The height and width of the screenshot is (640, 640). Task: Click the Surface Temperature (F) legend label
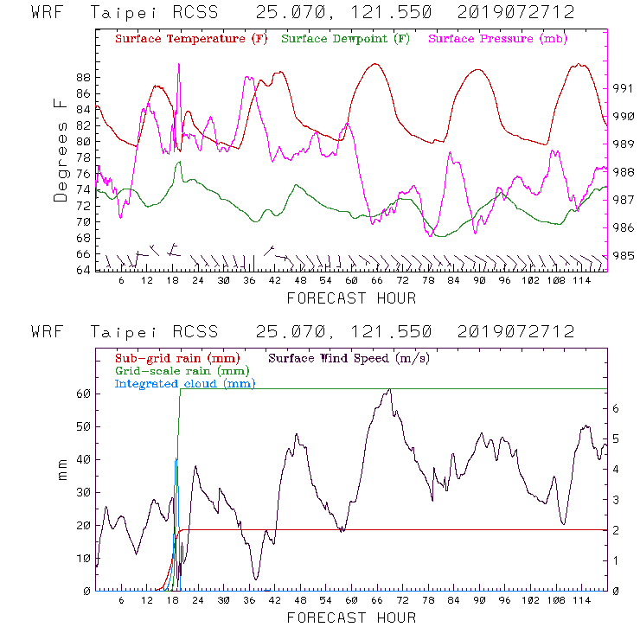click(x=191, y=40)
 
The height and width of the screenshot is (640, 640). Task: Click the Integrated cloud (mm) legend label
click(x=185, y=383)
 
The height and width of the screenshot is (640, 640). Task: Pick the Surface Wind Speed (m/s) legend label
click(x=349, y=357)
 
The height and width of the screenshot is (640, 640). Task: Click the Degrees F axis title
click(x=61, y=150)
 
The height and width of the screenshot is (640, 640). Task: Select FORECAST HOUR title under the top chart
click(x=351, y=298)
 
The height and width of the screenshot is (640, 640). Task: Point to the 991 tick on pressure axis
click(x=624, y=88)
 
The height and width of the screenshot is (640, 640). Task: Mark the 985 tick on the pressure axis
click(x=624, y=256)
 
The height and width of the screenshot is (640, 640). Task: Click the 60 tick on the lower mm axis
click(x=83, y=394)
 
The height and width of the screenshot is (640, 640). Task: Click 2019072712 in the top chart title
click(x=515, y=13)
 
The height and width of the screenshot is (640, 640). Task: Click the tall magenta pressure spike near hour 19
click(x=179, y=65)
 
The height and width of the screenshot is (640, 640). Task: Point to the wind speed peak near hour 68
click(x=390, y=389)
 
